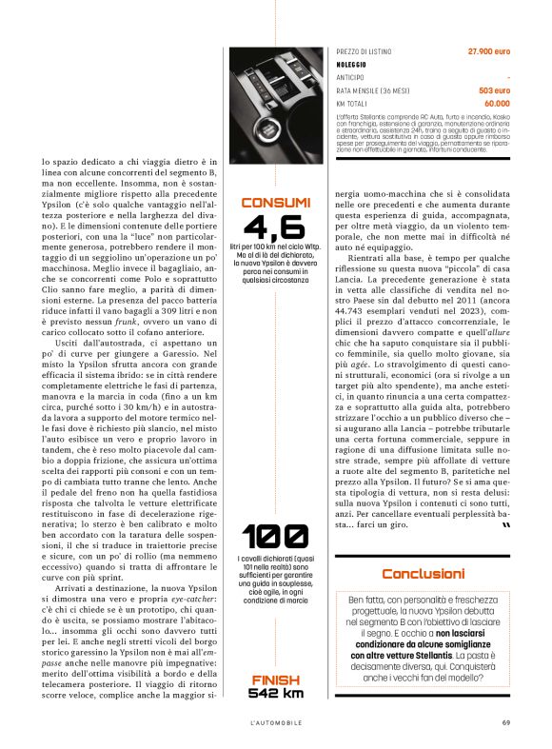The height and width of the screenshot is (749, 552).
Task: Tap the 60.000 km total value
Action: [x=496, y=103]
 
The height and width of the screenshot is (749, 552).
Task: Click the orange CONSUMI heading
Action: [x=276, y=203]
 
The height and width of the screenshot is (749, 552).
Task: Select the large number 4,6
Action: [x=275, y=228]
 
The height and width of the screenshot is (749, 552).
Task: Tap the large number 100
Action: [x=275, y=537]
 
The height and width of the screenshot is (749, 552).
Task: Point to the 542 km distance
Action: [x=276, y=693]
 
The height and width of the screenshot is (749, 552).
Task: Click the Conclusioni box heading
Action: [x=424, y=573]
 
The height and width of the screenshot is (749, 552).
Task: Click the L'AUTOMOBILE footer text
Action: [x=276, y=721]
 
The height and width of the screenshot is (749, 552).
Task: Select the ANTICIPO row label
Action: [x=352, y=76]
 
